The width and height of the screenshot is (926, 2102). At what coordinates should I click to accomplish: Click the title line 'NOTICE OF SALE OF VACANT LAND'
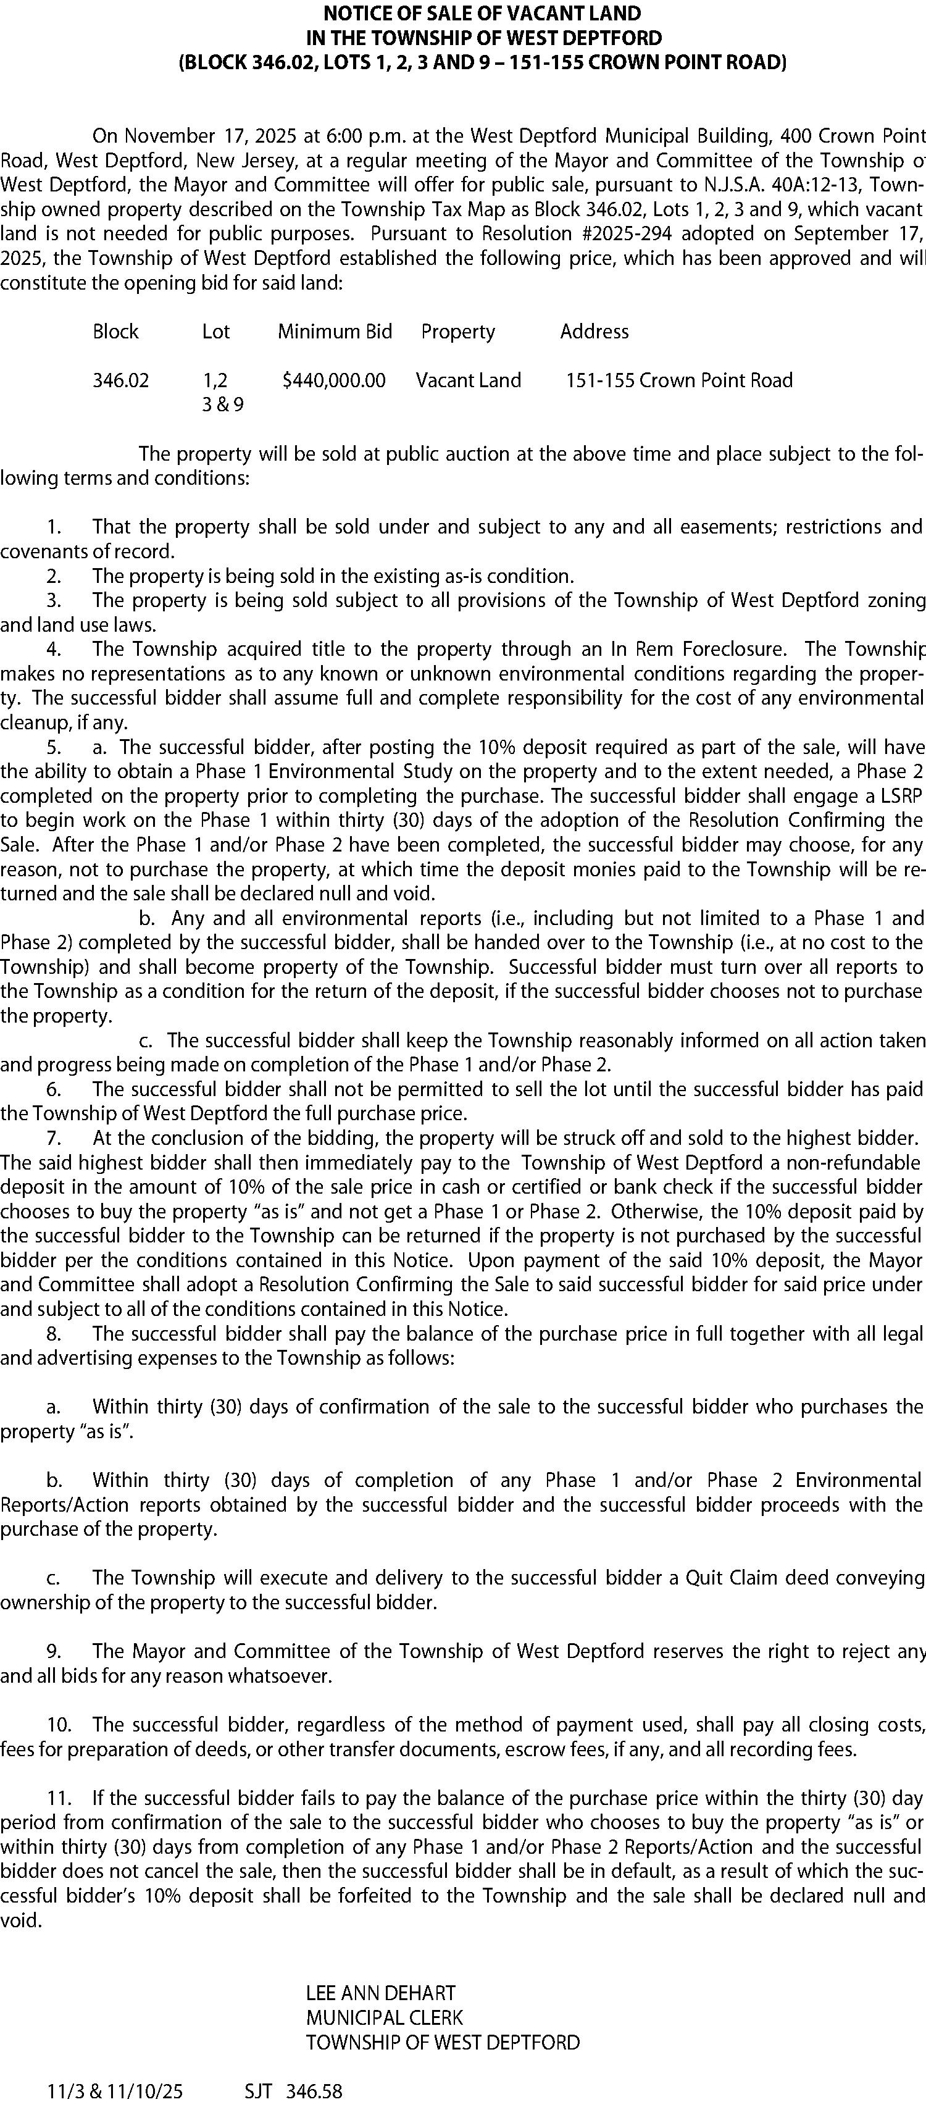tap(482, 13)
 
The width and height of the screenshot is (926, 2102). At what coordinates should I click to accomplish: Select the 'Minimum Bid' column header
tap(335, 331)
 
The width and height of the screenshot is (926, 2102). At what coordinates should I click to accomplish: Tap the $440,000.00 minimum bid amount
tap(334, 380)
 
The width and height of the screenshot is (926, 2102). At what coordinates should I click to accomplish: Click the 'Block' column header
tap(116, 331)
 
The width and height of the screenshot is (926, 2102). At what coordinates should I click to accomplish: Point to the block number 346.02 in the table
tap(121, 380)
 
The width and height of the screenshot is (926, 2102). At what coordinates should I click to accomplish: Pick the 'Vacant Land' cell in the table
tap(469, 380)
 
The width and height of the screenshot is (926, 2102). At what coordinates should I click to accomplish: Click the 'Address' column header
tap(594, 331)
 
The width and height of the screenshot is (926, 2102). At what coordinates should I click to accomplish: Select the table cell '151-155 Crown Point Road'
tap(679, 380)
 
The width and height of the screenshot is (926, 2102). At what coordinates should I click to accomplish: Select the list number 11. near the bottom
tap(59, 1798)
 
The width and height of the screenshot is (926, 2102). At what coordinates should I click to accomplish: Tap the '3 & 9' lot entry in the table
tap(223, 404)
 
